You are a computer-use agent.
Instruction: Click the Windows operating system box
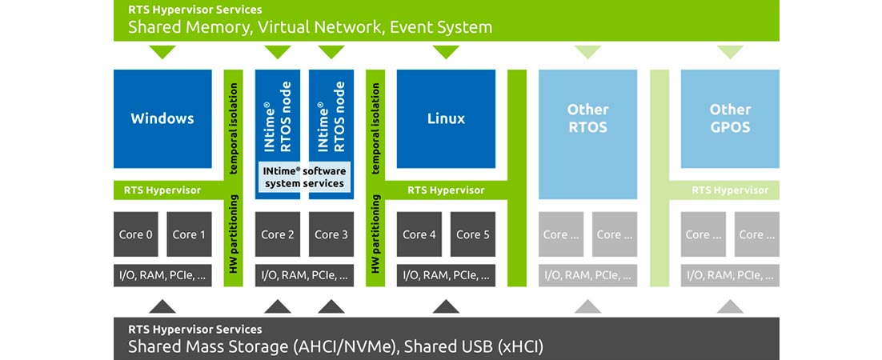[x=162, y=118]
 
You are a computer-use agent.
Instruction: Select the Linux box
[x=446, y=118]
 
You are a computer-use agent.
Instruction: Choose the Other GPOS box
[x=730, y=118]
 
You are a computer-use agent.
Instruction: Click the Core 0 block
[x=136, y=234]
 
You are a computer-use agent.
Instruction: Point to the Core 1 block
[x=190, y=234]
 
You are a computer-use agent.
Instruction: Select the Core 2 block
[x=278, y=234]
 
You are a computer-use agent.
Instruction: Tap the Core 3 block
[x=331, y=234]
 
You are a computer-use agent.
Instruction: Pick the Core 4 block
[x=419, y=234]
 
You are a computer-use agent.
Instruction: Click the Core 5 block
[x=473, y=234]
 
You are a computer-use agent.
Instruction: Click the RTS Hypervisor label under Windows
[x=162, y=190]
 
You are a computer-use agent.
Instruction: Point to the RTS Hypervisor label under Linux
[x=446, y=190]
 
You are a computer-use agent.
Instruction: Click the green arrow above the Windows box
[x=162, y=53]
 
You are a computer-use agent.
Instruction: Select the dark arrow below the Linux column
[x=446, y=306]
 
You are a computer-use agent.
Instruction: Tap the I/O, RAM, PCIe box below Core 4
[x=446, y=275]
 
